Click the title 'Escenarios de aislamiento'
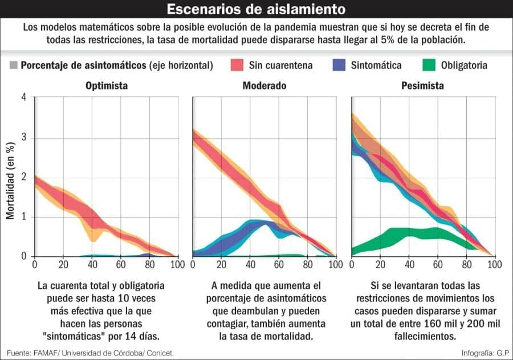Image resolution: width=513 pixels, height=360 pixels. (256, 10)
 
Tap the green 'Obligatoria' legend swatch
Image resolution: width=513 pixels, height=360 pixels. (431, 65)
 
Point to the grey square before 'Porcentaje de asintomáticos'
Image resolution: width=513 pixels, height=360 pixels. (14, 65)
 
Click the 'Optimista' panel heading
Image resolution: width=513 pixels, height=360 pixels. (107, 86)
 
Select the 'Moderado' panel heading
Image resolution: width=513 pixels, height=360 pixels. (264, 86)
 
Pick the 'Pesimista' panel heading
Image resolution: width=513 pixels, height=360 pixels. (422, 86)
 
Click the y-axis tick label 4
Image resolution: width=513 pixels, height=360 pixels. (24, 97)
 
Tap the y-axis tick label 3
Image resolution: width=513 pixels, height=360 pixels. (24, 138)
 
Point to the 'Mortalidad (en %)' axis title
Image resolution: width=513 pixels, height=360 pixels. (10, 181)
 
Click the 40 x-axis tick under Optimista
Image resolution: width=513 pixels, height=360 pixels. (92, 265)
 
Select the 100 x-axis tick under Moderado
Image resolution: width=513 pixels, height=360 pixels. (335, 265)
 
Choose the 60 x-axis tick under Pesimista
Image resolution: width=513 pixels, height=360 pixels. (437, 265)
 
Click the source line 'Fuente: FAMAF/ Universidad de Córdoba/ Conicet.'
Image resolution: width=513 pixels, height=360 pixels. (91, 353)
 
